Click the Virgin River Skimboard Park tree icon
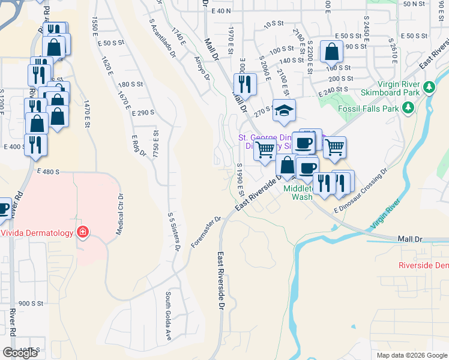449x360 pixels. (x=429, y=88)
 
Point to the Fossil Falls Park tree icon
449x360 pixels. (x=408, y=108)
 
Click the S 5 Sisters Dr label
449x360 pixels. (x=173, y=233)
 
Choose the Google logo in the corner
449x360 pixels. (x=20, y=353)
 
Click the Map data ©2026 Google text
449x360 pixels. (x=411, y=355)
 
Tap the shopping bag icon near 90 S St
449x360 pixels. (x=331, y=52)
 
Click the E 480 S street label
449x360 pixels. (x=47, y=172)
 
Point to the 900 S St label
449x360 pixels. (x=31, y=304)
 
